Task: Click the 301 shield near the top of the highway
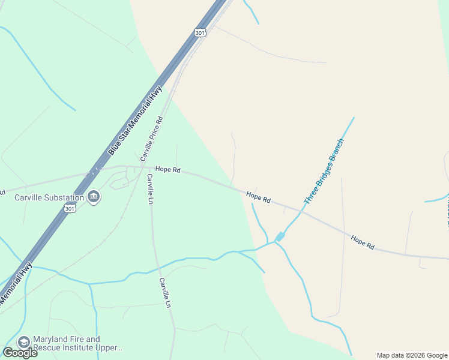200,32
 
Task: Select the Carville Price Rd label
152,139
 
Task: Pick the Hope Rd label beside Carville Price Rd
168,170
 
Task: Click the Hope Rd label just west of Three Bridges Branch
258,197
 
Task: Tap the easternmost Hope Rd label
363,242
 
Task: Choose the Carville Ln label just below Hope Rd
149,188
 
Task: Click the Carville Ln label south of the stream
166,292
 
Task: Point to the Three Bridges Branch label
324,172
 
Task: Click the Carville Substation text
49,197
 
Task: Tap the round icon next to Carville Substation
94,197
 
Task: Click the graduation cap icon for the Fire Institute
24,343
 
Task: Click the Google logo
20,353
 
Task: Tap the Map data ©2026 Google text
412,355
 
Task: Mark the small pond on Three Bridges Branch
280,237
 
